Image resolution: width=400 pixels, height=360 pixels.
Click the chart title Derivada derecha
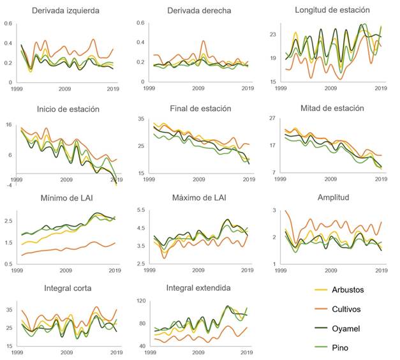(x=199, y=11)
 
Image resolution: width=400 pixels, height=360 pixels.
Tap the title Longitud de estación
(x=332, y=10)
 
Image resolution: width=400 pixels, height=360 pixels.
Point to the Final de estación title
(x=200, y=109)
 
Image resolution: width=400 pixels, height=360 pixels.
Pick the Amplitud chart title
(x=332, y=197)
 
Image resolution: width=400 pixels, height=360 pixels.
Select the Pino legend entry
(x=352, y=346)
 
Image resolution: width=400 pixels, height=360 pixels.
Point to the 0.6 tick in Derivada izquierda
(x=8, y=24)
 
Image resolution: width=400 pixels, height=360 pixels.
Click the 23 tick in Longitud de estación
(x=273, y=34)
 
